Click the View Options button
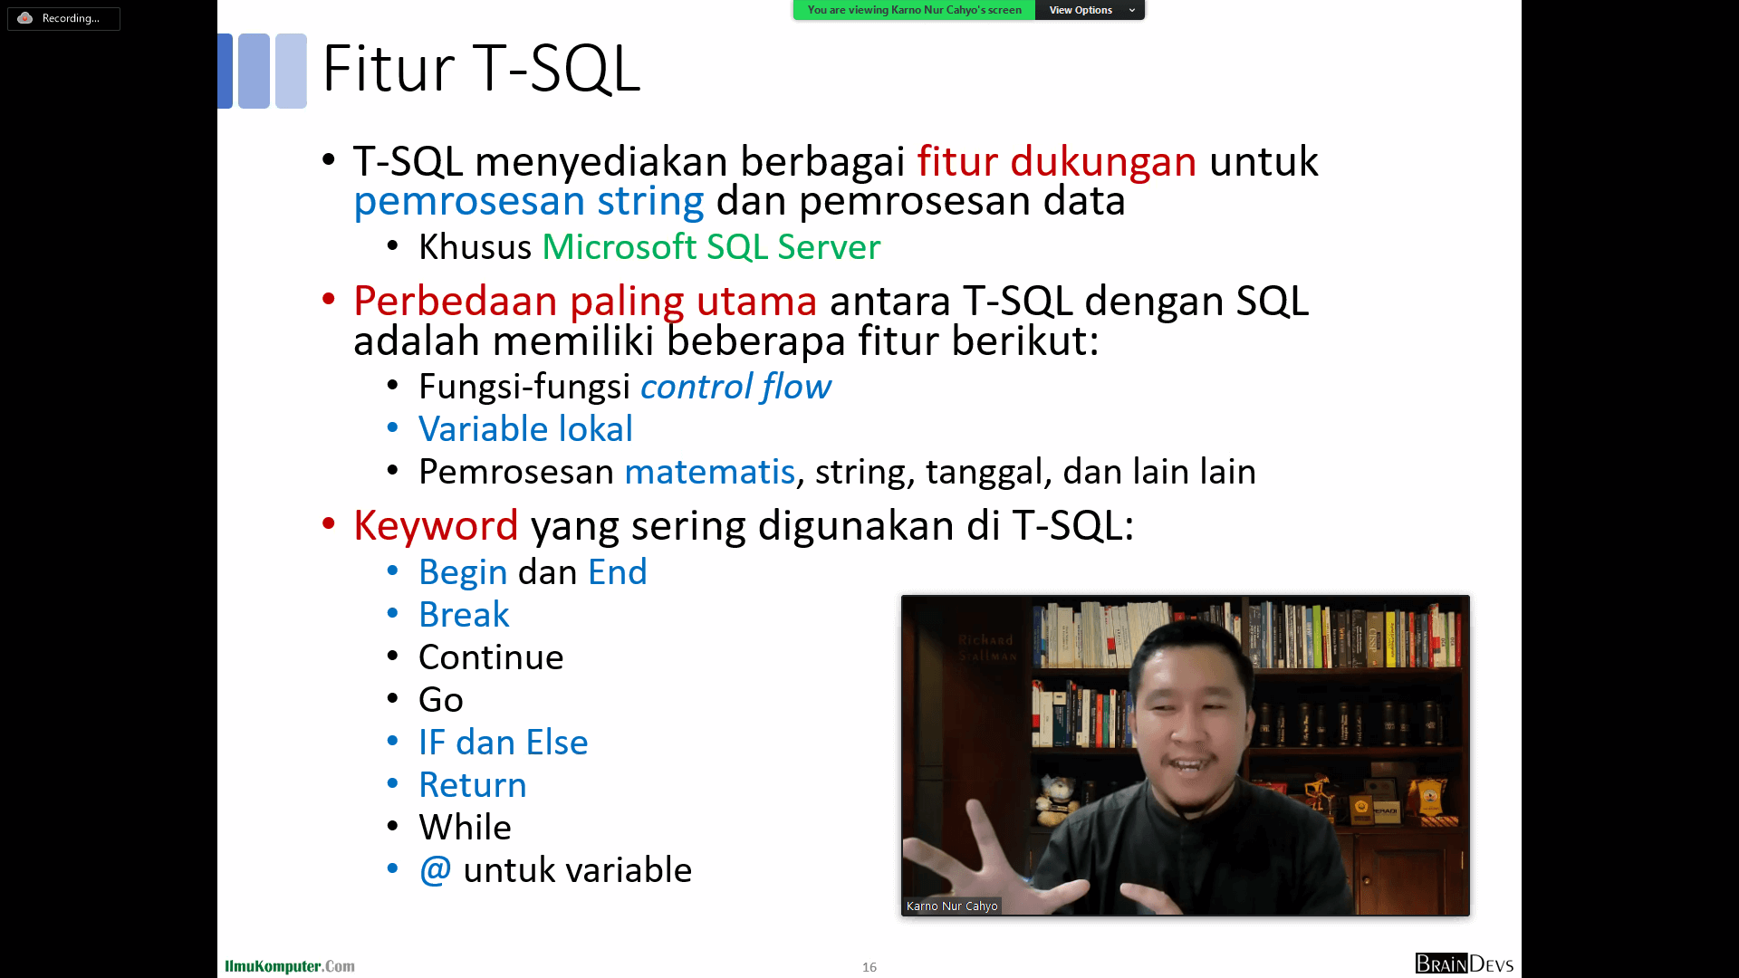(1090, 10)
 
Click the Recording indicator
(63, 18)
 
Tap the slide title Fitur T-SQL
(481, 69)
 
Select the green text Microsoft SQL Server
(711, 247)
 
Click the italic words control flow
(735, 387)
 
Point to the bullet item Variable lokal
(525, 429)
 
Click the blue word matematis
(709, 472)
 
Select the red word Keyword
(436, 525)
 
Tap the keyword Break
(464, 615)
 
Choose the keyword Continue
(491, 657)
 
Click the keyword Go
(441, 700)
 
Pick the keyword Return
(473, 785)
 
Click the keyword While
(465, 828)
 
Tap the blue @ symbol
(435, 870)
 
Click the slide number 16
(869, 967)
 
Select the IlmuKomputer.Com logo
(290, 966)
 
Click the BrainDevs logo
(1465, 964)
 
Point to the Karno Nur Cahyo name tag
(952, 906)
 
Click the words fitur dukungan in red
(1057, 161)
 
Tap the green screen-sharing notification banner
(914, 10)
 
